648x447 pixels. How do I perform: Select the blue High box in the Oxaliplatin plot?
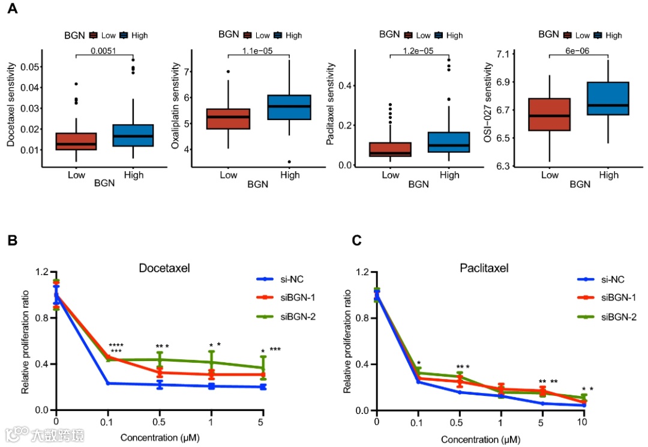[x=289, y=107]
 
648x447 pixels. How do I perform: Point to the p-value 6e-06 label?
[x=578, y=50]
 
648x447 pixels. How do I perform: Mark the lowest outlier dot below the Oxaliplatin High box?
[x=289, y=162]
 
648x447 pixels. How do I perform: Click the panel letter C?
[x=356, y=240]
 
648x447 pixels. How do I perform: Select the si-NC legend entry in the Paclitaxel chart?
[x=612, y=279]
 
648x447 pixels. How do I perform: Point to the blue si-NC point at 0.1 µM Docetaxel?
[x=108, y=383]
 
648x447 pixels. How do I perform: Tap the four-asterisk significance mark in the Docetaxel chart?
[x=116, y=345]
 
